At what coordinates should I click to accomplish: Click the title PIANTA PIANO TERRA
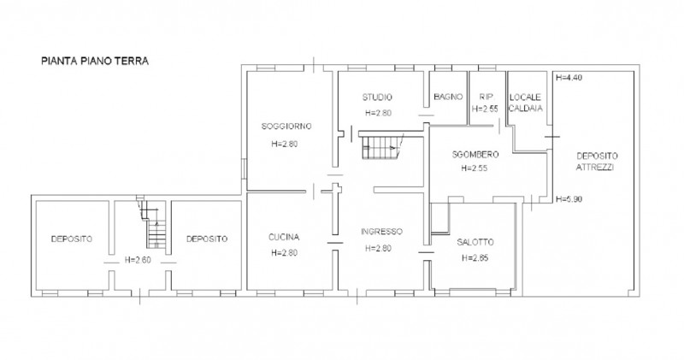(95, 61)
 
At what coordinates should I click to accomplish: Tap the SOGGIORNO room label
(286, 126)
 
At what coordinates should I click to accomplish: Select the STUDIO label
(377, 97)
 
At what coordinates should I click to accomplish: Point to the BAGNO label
(448, 97)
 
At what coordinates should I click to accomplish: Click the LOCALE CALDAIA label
(526, 103)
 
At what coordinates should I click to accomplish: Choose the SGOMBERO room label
(475, 154)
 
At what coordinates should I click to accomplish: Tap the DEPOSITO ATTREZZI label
(597, 161)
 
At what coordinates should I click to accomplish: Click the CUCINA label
(284, 237)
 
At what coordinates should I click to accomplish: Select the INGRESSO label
(381, 231)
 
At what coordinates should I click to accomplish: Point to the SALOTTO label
(475, 242)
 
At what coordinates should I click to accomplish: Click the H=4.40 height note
(569, 78)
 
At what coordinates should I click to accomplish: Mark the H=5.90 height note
(569, 199)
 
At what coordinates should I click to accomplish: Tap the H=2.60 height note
(138, 260)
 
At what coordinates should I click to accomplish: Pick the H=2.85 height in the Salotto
(475, 257)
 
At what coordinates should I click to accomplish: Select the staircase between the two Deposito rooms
(152, 222)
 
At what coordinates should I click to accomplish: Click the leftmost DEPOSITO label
(72, 239)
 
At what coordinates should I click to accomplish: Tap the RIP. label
(486, 97)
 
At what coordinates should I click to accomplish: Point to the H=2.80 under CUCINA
(284, 252)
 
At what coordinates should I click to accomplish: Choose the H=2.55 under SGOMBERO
(475, 168)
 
